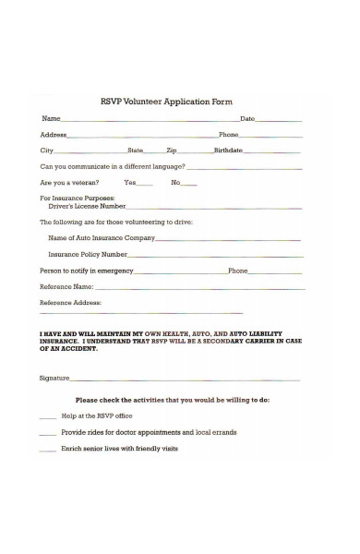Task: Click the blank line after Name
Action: click(148, 121)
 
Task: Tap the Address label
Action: click(54, 135)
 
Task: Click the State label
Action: click(136, 150)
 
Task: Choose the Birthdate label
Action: click(228, 150)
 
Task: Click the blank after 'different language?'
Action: click(245, 168)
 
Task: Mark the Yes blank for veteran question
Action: click(146, 184)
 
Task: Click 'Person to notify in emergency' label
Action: click(87, 271)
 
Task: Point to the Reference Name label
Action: click(67, 287)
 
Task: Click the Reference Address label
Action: click(71, 303)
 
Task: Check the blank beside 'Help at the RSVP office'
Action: click(47, 417)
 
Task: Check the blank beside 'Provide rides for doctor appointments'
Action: click(47, 433)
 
